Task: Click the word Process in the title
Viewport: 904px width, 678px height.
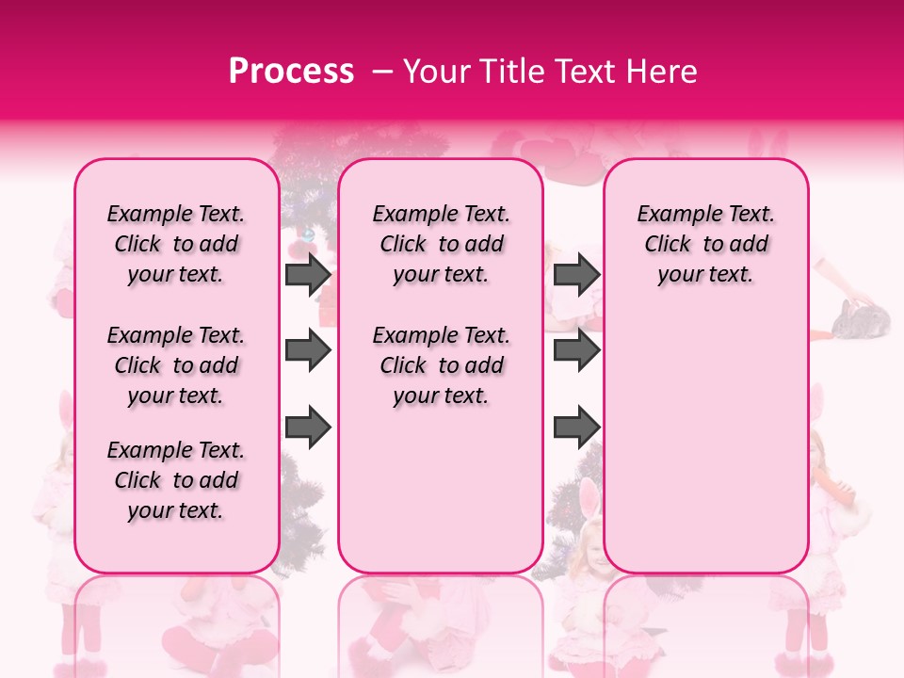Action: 290,72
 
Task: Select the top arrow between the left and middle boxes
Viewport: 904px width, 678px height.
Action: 308,275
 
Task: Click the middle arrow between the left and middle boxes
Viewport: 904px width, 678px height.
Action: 308,351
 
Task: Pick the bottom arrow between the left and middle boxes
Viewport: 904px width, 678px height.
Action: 308,426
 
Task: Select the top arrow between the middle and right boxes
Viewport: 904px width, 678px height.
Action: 576,275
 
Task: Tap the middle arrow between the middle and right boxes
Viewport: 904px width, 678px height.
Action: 576,351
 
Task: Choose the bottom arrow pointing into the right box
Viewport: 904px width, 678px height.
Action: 576,426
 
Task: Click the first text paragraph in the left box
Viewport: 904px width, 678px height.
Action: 176,244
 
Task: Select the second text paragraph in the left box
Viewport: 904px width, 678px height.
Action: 176,365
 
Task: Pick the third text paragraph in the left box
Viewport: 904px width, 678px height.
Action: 176,480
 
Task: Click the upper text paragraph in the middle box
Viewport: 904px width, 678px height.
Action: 441,244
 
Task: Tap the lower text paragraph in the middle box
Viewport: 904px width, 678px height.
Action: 441,365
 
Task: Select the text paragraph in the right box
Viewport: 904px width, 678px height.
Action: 705,244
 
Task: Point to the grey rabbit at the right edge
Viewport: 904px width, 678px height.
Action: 864,320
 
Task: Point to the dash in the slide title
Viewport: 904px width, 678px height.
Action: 381,72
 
